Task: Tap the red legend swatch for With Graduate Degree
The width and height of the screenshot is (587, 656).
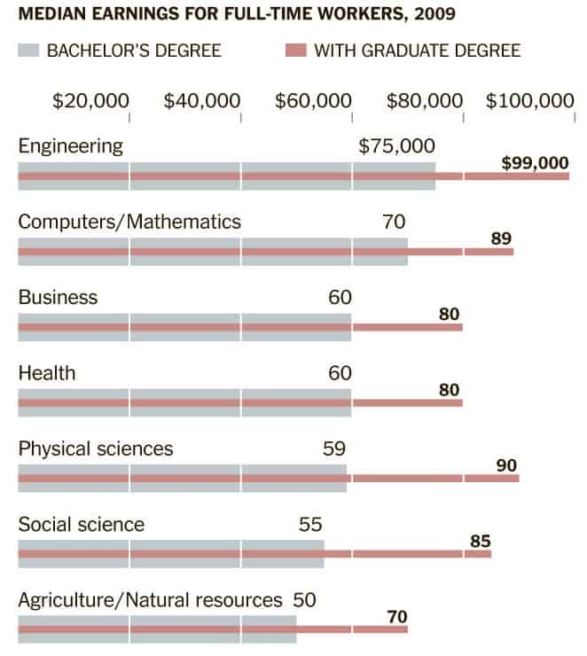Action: [296, 51]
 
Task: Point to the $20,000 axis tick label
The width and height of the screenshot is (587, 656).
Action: [90, 101]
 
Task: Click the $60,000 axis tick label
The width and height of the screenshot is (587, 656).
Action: [313, 101]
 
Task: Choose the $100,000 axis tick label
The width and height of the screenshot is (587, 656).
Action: [529, 101]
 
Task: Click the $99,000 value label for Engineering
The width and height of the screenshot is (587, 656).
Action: [534, 163]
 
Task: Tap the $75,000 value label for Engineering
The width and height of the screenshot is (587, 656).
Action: [396, 146]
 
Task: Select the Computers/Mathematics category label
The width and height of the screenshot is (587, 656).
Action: [129, 222]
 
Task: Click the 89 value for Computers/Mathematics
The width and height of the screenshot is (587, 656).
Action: [501, 238]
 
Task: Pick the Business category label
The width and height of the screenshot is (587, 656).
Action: [58, 297]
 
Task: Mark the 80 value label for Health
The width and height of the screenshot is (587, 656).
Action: [450, 390]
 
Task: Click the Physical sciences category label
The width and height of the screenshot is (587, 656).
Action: [96, 449]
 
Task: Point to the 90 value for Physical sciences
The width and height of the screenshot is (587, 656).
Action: [506, 465]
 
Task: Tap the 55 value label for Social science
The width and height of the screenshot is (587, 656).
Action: [310, 524]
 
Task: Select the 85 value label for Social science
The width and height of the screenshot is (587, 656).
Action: [480, 541]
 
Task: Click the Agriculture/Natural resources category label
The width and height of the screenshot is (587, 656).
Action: [150, 600]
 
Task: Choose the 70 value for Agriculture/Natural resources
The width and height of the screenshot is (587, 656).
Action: [396, 616]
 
